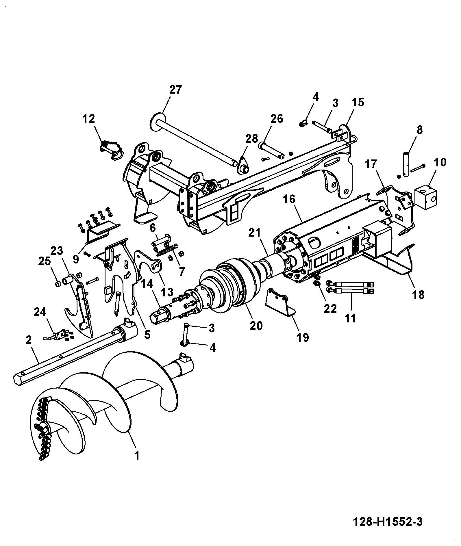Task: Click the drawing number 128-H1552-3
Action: [388, 522]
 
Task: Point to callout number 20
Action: [256, 326]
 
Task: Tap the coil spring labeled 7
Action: [167, 250]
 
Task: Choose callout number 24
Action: [40, 312]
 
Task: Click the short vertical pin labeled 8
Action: [406, 164]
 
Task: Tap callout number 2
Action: [28, 340]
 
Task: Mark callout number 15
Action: [358, 102]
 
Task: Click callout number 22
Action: [330, 309]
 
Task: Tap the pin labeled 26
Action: [272, 149]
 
